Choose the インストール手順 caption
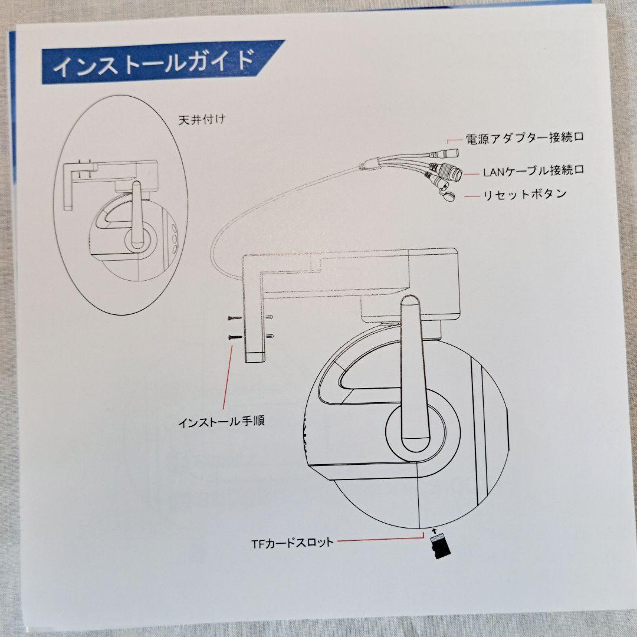point(221,422)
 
